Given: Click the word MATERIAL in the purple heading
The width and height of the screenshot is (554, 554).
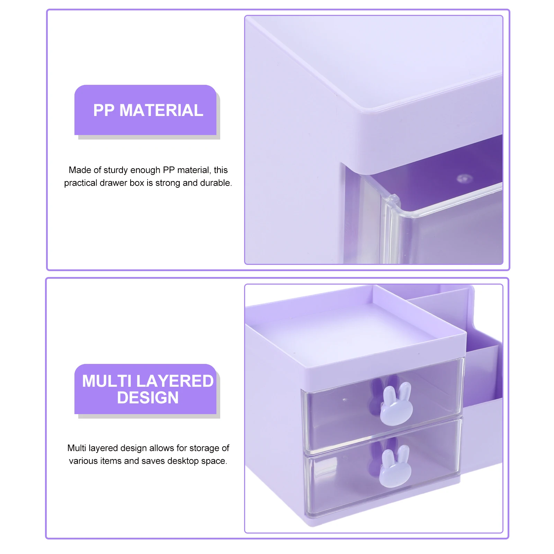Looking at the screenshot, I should click(161, 110).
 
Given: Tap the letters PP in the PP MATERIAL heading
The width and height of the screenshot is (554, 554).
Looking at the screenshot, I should click(104, 110).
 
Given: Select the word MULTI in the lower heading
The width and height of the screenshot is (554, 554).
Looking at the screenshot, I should click(107, 381).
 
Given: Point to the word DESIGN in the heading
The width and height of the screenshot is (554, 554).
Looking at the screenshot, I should click(148, 397).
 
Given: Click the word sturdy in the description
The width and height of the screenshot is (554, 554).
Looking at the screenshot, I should click(116, 170).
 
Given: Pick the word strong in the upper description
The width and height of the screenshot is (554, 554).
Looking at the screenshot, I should click(168, 183).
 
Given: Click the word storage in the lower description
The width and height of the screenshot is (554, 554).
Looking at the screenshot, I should click(204, 448).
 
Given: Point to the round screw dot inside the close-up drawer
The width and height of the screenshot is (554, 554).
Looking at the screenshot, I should click(464, 179).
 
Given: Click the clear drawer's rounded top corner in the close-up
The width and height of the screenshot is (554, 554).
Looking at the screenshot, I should click(392, 199).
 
